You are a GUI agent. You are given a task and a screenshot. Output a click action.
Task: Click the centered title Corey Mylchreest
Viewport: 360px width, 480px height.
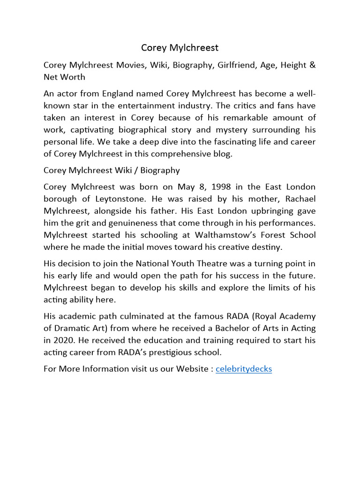click(x=180, y=48)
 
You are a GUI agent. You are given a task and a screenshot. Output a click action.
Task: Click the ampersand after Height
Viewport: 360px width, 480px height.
click(x=313, y=65)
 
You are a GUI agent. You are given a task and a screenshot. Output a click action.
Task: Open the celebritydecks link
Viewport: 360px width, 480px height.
click(x=243, y=369)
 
